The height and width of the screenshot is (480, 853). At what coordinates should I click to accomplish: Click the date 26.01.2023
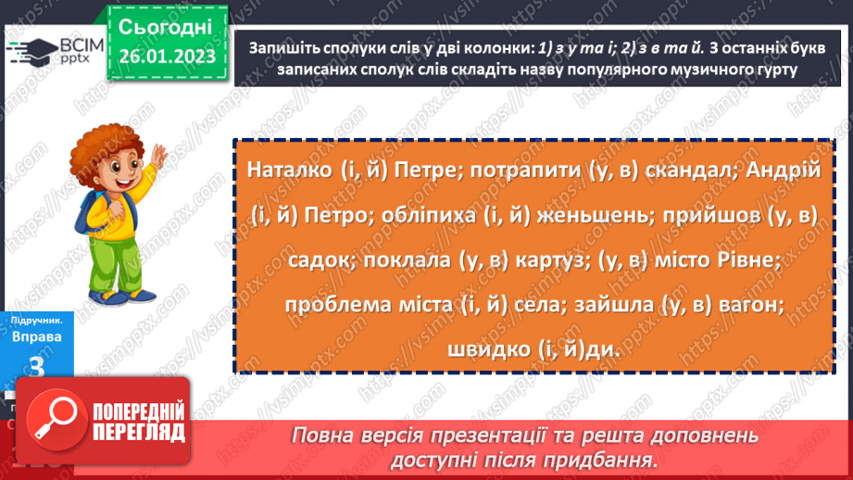(166, 56)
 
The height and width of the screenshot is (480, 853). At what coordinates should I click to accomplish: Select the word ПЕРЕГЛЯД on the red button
(140, 433)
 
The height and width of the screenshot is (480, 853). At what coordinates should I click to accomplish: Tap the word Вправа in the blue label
(37, 336)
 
